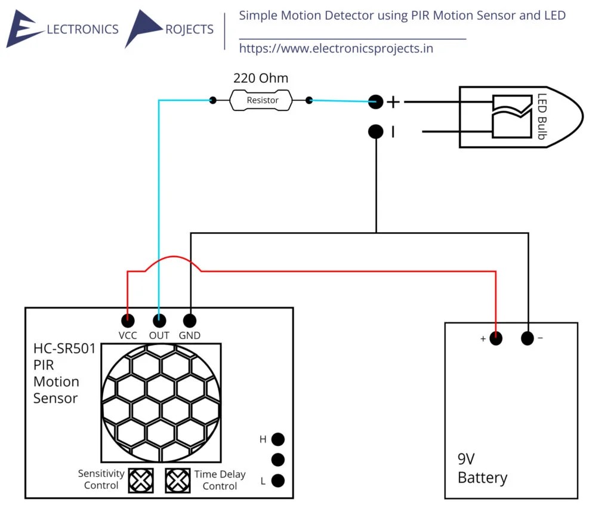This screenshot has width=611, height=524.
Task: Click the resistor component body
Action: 262,100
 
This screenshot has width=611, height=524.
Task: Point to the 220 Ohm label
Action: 261,78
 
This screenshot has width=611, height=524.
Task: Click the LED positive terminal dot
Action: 375,101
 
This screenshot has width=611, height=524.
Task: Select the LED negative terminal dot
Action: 375,131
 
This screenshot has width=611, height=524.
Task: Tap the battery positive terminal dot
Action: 496,338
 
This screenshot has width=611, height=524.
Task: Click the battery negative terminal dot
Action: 527,338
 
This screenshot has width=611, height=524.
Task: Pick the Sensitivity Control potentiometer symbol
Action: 141,480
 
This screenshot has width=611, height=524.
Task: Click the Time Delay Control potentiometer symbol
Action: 177,480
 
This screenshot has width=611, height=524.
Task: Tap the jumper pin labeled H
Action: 277,439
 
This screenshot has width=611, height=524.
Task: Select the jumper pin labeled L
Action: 277,480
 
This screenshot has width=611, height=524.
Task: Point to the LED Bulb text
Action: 542,116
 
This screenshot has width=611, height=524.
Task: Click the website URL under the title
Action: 336,48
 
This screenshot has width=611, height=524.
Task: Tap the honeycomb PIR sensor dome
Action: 161,403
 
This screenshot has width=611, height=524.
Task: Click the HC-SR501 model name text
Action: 64,349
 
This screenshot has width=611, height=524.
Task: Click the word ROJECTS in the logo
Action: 189,29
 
